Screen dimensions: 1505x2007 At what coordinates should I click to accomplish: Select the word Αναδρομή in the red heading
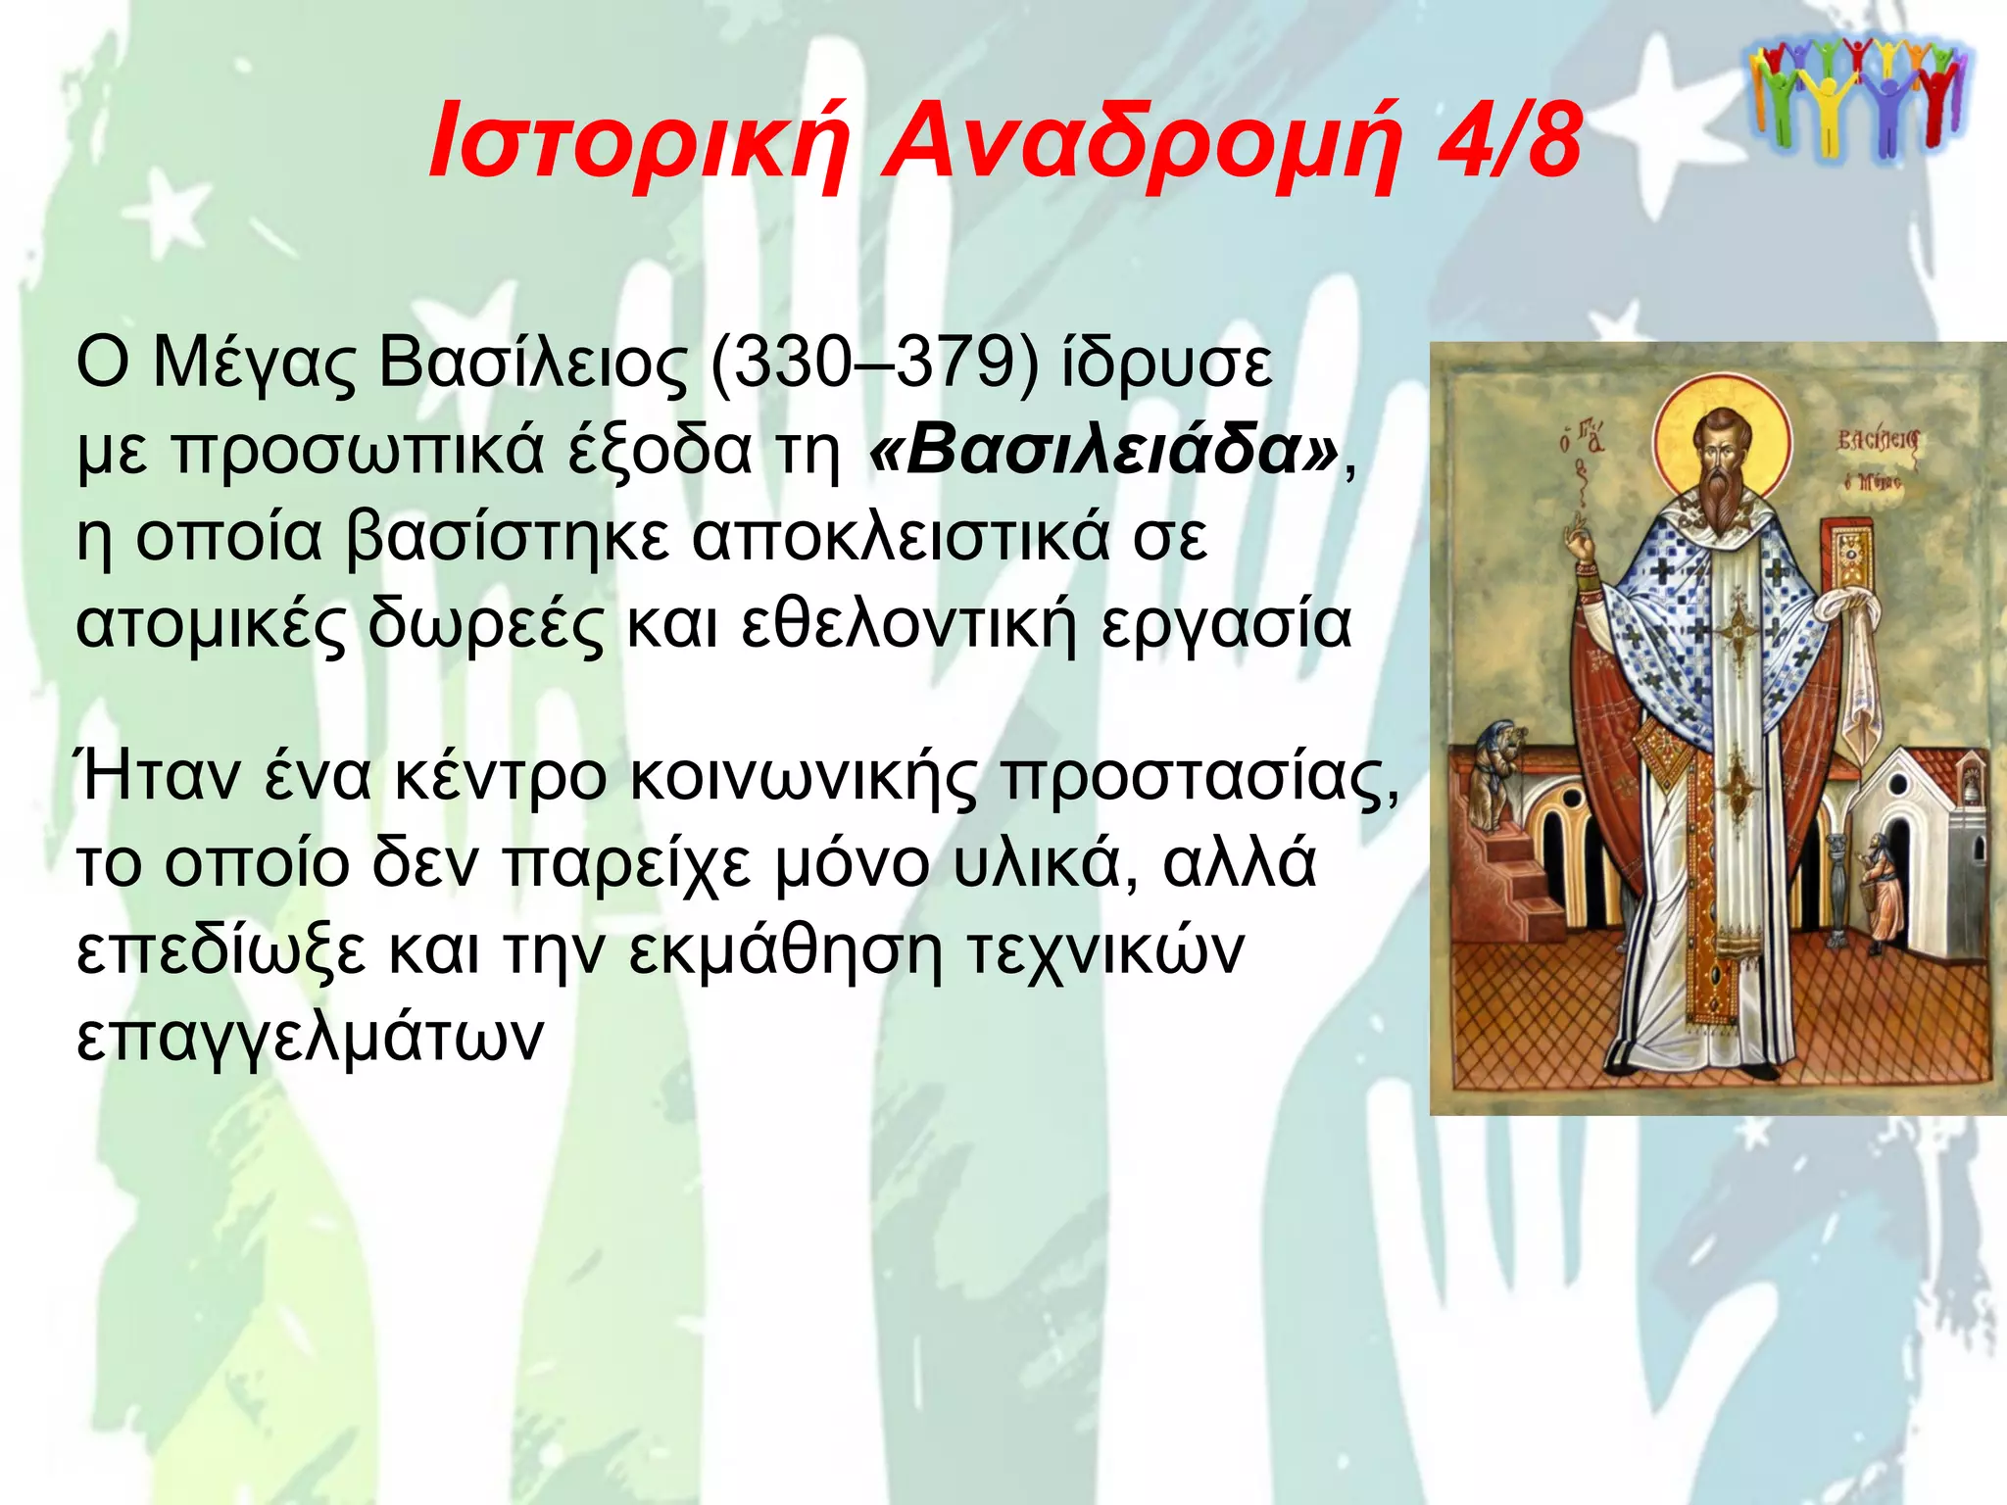click(x=1141, y=142)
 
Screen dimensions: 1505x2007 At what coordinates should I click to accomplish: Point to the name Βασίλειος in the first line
click(x=533, y=364)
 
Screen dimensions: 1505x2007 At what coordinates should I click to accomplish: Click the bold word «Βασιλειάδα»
click(x=1103, y=450)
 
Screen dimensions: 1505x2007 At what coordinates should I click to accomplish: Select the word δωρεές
click(x=486, y=625)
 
